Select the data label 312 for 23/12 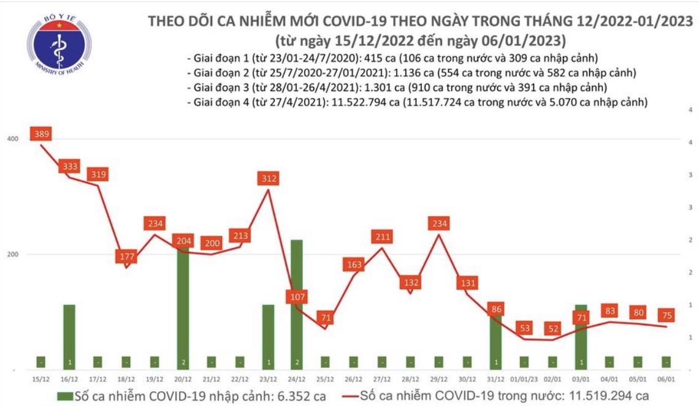269,179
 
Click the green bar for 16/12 69,337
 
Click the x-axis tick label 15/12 41,379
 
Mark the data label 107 297,298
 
